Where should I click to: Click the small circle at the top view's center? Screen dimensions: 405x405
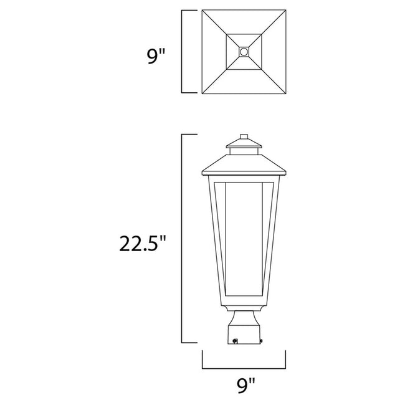[x=244, y=52]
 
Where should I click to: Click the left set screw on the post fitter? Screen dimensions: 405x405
[x=236, y=340]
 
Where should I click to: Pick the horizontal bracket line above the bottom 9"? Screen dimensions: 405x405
[x=244, y=366]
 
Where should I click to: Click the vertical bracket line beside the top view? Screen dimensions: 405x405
[x=182, y=52]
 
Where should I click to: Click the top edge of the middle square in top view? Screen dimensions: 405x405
[x=244, y=33]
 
